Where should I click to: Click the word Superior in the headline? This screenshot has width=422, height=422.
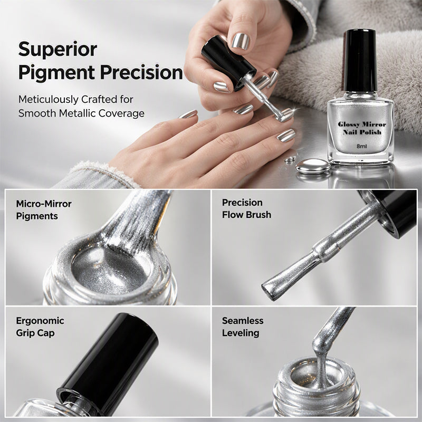tap(57, 49)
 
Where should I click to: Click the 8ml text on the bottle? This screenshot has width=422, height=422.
tap(361, 147)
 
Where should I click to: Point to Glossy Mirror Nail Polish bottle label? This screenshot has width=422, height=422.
tap(362, 128)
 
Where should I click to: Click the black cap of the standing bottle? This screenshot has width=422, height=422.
tap(360, 61)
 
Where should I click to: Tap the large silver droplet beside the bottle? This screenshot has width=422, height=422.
tap(313, 166)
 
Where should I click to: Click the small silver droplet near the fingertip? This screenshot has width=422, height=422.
tap(290, 160)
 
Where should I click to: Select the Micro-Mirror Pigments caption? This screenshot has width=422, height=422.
tap(44, 210)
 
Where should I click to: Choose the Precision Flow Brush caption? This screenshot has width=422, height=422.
tap(246, 208)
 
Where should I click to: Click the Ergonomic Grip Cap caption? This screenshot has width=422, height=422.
tap(40, 327)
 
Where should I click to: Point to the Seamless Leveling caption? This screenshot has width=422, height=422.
tap(243, 327)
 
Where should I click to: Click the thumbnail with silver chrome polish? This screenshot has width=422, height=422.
tap(241, 41)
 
